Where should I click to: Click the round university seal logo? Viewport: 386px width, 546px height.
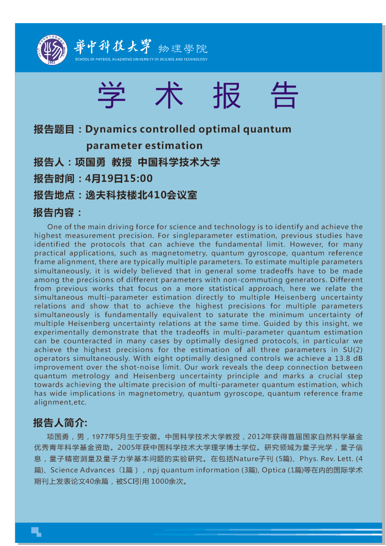point(51,50)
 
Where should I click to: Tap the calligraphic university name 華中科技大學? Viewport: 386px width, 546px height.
point(114,47)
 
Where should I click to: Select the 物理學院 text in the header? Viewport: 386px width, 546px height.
point(182,49)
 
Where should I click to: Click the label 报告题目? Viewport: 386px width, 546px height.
point(54,129)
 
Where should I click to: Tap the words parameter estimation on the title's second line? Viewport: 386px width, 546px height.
point(144,145)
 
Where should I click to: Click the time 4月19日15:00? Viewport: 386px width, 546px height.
point(119,179)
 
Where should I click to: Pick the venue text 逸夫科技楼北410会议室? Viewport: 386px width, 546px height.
point(141,195)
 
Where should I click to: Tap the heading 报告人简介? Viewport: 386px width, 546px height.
point(58,423)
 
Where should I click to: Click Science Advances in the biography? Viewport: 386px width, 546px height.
point(83,470)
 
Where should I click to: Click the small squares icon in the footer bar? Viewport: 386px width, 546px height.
point(36,532)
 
